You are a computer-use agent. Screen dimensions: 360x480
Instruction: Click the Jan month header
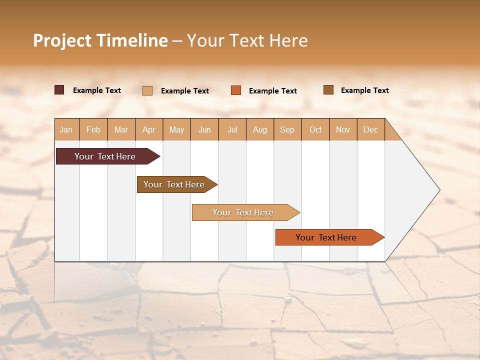click(x=66, y=129)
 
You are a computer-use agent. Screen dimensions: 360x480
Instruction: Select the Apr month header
click(x=149, y=129)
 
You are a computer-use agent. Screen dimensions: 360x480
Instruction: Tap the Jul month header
click(x=232, y=129)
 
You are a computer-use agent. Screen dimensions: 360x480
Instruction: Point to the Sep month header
click(x=287, y=129)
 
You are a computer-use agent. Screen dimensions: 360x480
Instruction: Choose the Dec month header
click(x=371, y=129)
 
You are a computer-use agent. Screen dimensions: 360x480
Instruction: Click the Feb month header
click(x=93, y=129)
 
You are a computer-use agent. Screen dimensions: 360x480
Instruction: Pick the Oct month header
click(x=315, y=129)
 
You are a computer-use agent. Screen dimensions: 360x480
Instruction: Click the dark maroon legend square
click(x=59, y=90)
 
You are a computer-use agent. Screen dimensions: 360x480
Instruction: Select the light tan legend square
click(x=147, y=90)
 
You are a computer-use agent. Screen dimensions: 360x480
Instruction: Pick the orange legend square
click(x=236, y=90)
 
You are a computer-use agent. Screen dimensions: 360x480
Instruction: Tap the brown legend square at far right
click(x=328, y=90)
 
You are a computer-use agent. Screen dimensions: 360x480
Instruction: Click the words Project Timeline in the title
click(x=100, y=40)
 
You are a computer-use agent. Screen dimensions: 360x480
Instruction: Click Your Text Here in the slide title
click(x=247, y=40)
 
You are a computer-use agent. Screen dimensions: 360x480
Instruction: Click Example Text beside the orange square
click(x=273, y=91)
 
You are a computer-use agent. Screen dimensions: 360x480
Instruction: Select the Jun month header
click(x=204, y=129)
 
